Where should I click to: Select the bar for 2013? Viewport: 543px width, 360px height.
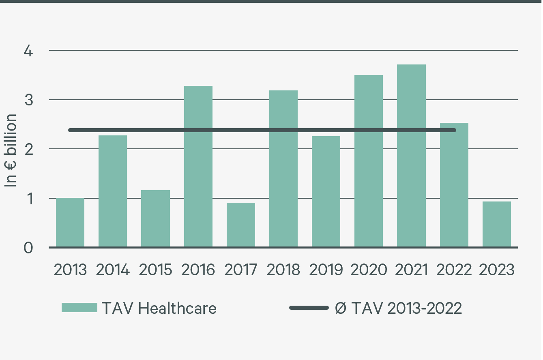70,223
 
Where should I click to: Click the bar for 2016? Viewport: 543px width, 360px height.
198,167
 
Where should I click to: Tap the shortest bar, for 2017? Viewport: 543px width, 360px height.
241,225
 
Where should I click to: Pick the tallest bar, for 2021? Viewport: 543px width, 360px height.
411,156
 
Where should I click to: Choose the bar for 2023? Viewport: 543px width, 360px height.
496,224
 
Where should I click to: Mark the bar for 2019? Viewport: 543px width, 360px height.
326,192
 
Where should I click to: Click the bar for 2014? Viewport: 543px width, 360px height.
113,191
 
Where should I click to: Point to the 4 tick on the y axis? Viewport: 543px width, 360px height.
28,51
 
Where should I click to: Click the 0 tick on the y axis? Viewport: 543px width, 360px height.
28,248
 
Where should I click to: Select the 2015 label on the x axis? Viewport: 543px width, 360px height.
155,270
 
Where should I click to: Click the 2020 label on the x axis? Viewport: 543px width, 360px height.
369,270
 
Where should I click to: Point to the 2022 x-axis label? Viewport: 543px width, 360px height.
454,270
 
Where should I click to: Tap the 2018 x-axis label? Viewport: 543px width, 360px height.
283,270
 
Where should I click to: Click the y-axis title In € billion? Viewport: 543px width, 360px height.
11,150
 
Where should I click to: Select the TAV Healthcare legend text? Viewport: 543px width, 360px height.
159,309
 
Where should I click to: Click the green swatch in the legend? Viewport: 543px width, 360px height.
79,308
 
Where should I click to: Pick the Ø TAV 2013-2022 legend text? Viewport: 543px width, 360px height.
398,309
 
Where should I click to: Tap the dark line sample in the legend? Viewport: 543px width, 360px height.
309,308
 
